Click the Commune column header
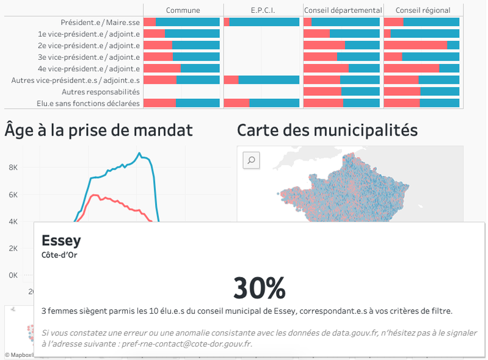pyautogui.click(x=183, y=10)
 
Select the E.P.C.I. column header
pyautogui.click(x=262, y=10)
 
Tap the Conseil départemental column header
pyautogui.click(x=343, y=10)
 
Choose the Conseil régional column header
pyautogui.click(x=423, y=10)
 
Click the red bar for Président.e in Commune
pyautogui.click(x=150, y=22)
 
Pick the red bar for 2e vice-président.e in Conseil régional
pyautogui.click(x=415, y=45)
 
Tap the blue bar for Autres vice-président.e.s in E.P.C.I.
pyautogui.click(x=269, y=80)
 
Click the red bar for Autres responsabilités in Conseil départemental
pyautogui.click(x=322, y=92)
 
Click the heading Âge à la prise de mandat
pyautogui.click(x=99, y=130)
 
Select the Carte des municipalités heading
pyautogui.click(x=327, y=130)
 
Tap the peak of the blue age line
pyautogui.click(x=139, y=153)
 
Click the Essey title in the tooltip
pyautogui.click(x=61, y=240)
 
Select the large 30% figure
pyautogui.click(x=259, y=287)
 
